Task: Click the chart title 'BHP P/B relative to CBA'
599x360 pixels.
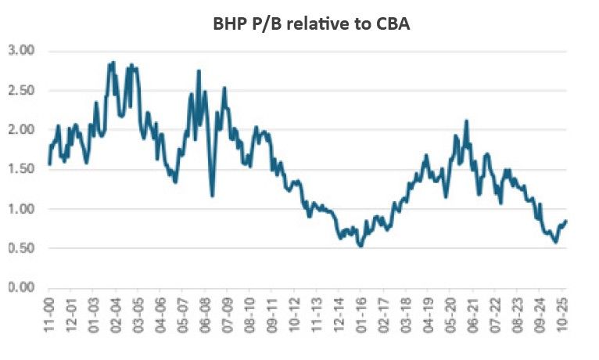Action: click(x=311, y=23)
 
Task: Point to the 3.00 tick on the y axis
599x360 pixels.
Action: click(x=21, y=51)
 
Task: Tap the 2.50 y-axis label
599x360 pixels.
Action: click(x=21, y=90)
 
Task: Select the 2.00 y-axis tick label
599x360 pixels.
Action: click(x=21, y=130)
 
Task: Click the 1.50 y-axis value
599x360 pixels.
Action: click(x=21, y=169)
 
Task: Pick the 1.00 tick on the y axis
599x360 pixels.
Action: click(x=21, y=209)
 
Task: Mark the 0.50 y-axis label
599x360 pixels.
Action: click(x=21, y=248)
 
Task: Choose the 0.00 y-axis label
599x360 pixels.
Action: click(x=21, y=288)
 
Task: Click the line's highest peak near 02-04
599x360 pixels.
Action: click(x=113, y=62)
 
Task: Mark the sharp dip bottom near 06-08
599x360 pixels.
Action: click(x=212, y=195)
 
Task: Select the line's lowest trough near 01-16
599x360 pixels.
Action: click(x=360, y=246)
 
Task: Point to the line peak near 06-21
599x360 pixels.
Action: click(x=466, y=121)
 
